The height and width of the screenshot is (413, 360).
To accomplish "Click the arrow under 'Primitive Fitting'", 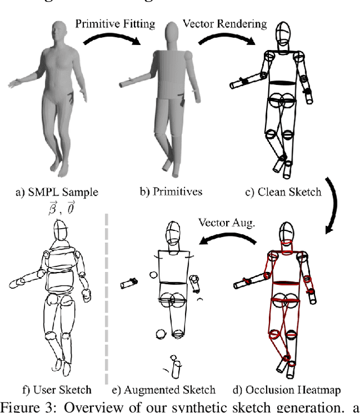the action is pyautogui.click(x=110, y=42).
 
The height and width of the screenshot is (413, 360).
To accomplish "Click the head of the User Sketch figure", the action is pyautogui.click(x=60, y=231).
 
